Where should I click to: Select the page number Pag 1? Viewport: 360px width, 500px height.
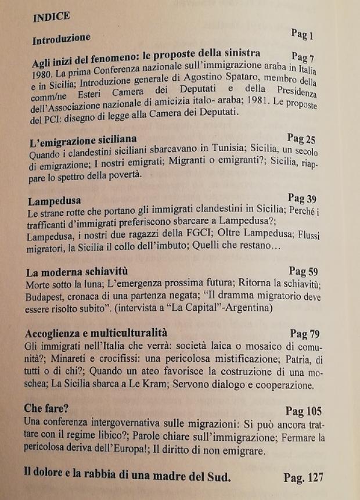pos(303,34)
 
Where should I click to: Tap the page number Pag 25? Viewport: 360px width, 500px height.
pos(302,138)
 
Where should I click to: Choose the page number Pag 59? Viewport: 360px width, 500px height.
pos(304,271)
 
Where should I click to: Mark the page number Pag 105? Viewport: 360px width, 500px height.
pos(303,411)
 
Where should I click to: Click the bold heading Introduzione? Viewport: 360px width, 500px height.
pos(61,39)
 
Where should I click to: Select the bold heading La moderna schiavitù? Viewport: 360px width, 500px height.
pos(77,272)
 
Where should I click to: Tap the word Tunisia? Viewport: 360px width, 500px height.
pos(242,153)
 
